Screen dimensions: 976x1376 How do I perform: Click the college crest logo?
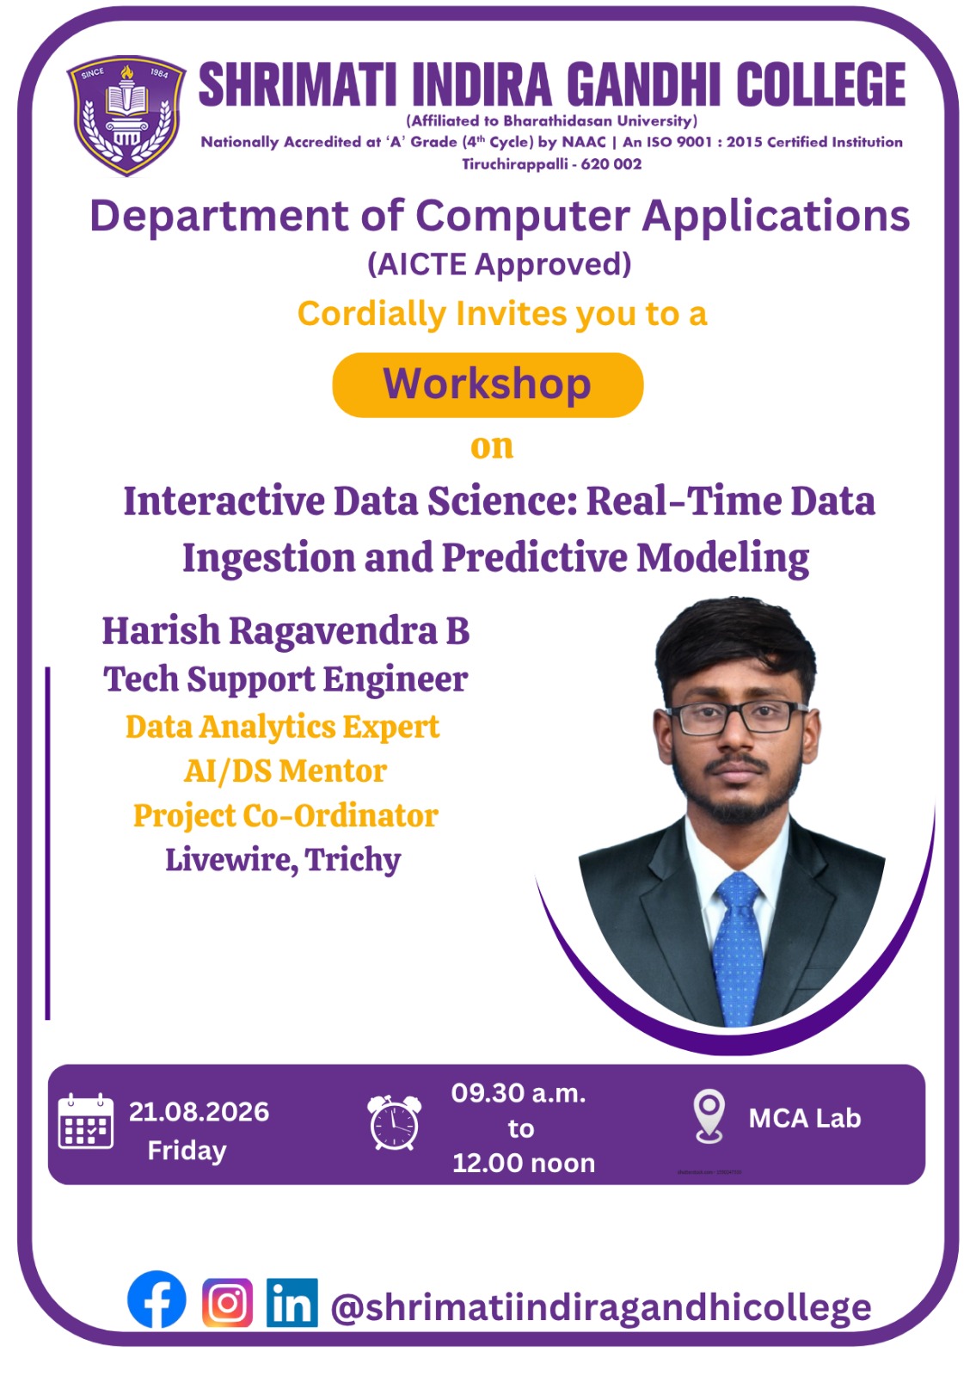(x=126, y=116)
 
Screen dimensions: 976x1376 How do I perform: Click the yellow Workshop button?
(x=488, y=385)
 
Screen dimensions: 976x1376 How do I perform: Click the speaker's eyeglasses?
(x=736, y=718)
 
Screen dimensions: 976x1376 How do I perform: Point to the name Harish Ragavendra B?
(x=285, y=631)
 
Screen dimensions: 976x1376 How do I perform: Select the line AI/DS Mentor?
(x=285, y=771)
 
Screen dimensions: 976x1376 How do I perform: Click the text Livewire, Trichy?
(x=283, y=859)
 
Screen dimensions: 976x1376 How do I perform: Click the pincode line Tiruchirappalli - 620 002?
(x=551, y=164)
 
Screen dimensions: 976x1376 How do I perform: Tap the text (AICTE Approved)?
(x=500, y=264)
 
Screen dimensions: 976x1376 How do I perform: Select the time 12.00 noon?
(x=524, y=1163)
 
